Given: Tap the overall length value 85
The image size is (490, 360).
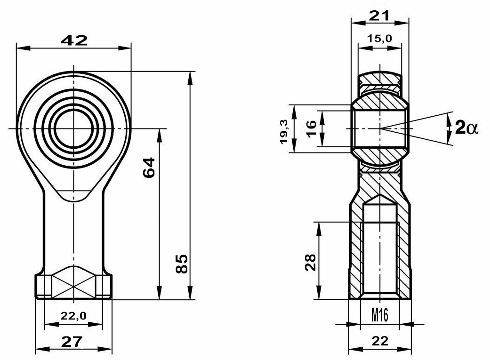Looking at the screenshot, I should (183, 264).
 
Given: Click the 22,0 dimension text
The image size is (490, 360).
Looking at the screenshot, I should (73, 316).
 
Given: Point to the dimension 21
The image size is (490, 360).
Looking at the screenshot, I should (379, 16).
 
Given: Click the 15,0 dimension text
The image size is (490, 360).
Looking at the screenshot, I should (380, 39).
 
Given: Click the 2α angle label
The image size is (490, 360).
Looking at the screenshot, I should (466, 128).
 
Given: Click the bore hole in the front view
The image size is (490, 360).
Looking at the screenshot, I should (73, 128).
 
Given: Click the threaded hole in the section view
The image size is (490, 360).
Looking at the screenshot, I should (380, 254).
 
